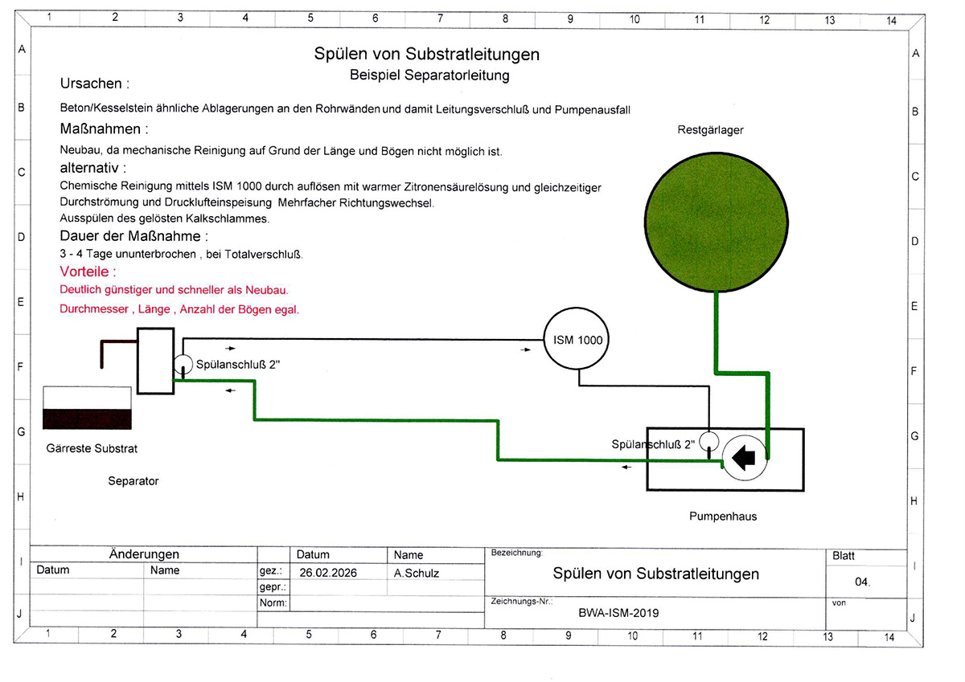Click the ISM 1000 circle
click(575, 340)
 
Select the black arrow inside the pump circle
click(745, 457)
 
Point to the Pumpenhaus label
click(722, 517)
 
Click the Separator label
click(133, 481)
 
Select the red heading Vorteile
click(88, 272)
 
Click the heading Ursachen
click(94, 84)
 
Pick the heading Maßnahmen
click(104, 129)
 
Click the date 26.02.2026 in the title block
click(327, 573)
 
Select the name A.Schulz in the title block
click(417, 573)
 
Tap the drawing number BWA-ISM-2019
click(618, 612)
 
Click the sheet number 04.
click(862, 582)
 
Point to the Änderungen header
click(144, 554)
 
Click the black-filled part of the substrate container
click(87, 419)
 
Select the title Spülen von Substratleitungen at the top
click(426, 55)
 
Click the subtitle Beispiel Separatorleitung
click(429, 76)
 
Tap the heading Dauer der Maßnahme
click(133, 236)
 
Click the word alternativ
click(93, 169)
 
